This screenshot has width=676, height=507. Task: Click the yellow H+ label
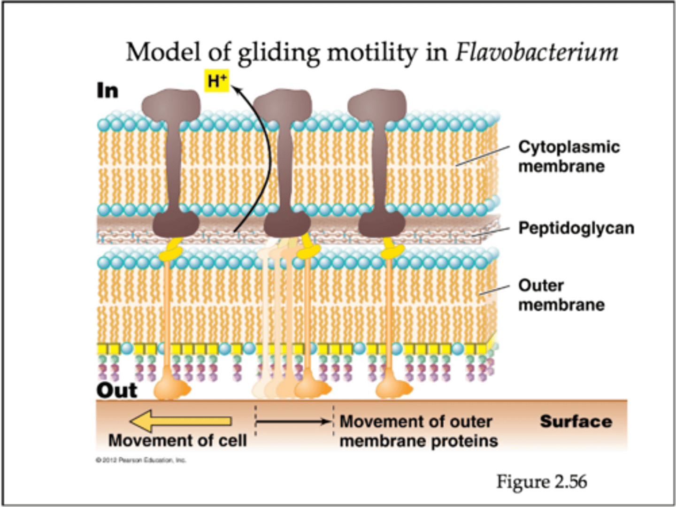[x=216, y=81]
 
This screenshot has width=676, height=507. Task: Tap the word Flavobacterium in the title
[x=536, y=53]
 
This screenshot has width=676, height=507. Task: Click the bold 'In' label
[x=108, y=91]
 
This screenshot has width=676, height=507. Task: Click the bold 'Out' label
[x=116, y=390]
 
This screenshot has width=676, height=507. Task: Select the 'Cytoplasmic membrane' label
[x=568, y=156]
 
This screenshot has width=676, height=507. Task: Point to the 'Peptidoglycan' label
[x=576, y=228]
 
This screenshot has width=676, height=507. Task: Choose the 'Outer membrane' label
[x=561, y=295]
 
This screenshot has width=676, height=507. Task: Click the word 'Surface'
[x=576, y=421]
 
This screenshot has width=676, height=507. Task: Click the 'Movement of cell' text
[x=177, y=440]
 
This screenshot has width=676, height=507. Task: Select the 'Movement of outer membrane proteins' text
[x=418, y=431]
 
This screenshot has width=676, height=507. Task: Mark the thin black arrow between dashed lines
[x=294, y=422]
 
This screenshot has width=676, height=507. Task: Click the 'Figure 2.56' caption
[x=541, y=482]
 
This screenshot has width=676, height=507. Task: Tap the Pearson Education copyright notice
[x=141, y=460]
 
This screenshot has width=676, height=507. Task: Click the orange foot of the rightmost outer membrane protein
[x=392, y=388]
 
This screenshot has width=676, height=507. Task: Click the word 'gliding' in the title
[x=278, y=53]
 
